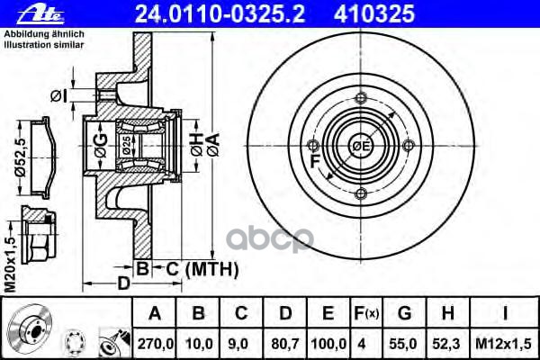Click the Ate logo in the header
[x=40, y=14]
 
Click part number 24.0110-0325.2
[x=220, y=13]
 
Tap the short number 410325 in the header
[x=374, y=13]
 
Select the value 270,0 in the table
[x=156, y=344]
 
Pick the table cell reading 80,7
[x=285, y=344]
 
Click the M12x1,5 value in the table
[x=504, y=344]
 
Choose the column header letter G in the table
[x=404, y=313]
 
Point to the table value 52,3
[x=446, y=344]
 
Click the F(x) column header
[x=366, y=313]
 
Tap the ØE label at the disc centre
[x=361, y=146]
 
